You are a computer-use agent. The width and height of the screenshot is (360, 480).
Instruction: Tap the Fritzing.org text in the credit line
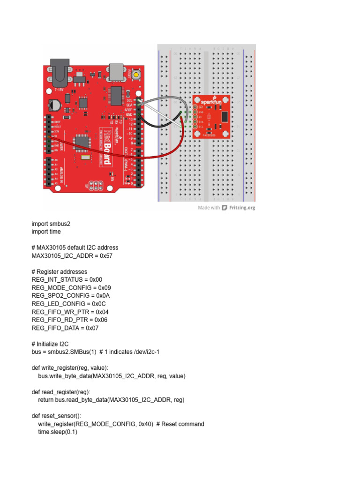click(242, 208)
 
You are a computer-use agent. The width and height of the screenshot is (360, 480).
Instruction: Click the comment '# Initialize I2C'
click(51, 344)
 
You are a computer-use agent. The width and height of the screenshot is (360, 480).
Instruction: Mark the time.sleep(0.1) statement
click(57, 432)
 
